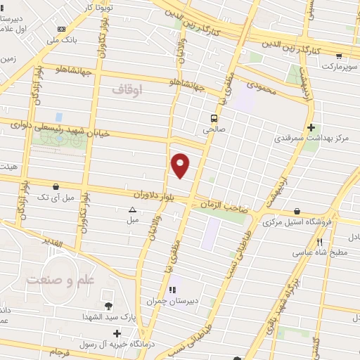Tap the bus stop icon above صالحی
tap(212, 119)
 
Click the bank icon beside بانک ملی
tap(63, 29)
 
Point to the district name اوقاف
tap(127, 89)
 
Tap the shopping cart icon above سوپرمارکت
tap(340, 56)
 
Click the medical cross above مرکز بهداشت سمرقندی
tap(311, 127)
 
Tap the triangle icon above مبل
tap(133, 210)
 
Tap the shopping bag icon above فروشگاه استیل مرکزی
tap(297, 211)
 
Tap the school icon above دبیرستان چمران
tap(171, 289)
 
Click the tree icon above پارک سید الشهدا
tap(108, 306)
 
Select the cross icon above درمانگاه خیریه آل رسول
tap(117, 333)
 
